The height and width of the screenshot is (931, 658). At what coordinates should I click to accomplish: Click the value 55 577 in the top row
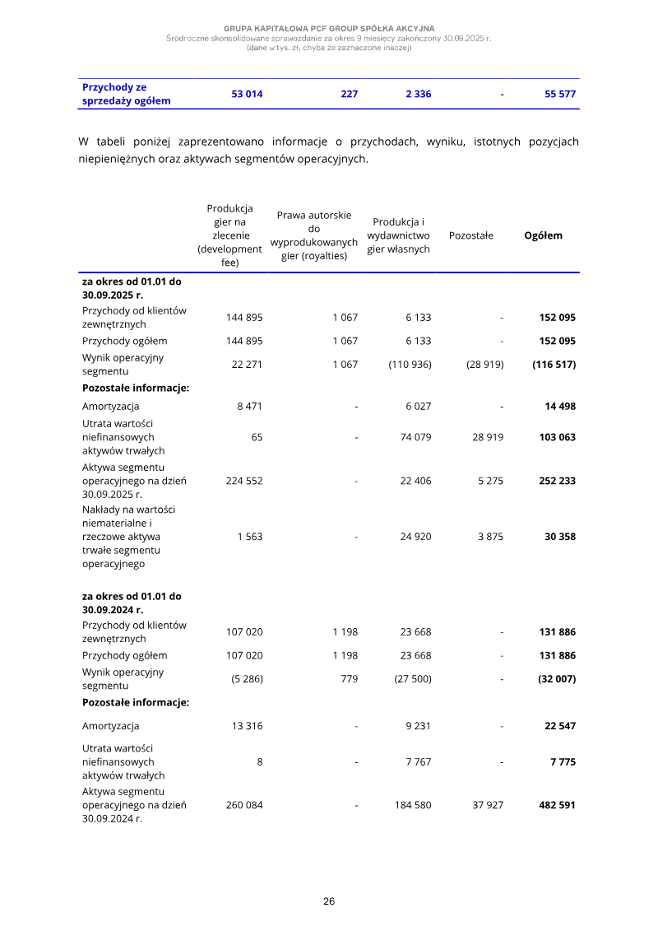coord(559,95)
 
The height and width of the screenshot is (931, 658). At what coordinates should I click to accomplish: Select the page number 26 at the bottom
coord(329,901)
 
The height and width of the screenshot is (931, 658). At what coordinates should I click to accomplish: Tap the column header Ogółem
coord(544,235)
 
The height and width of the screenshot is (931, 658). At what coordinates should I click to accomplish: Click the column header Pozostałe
coord(471,235)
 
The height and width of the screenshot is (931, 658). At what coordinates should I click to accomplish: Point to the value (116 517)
coord(554,365)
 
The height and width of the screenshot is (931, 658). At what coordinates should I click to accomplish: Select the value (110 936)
coord(410,365)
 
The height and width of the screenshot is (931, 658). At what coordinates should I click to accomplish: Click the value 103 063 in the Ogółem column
coord(557,437)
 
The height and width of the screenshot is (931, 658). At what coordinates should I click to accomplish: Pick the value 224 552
coord(244,482)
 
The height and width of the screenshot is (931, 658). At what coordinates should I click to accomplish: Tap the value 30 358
coord(559,537)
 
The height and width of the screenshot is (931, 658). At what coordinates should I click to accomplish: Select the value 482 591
coord(557,805)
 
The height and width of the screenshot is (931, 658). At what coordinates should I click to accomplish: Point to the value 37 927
coord(488,805)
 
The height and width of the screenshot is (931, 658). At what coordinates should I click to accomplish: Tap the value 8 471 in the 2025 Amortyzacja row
coord(249,407)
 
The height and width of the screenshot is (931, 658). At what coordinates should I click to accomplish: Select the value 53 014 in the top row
coord(247,95)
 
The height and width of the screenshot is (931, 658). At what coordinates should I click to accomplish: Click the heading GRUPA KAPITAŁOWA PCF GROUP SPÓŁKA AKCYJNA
coord(329,29)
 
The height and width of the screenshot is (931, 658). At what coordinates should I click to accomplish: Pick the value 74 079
coord(415,437)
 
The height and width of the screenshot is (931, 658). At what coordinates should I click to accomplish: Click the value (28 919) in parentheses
coord(484,365)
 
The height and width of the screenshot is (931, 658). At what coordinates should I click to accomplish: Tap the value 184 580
coord(413,805)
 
